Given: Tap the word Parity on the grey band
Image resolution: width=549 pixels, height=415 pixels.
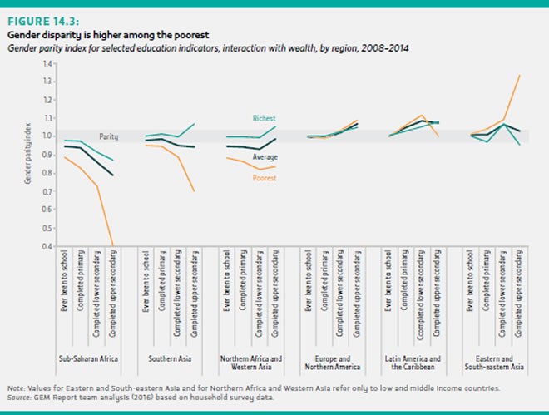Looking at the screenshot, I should click(108, 136).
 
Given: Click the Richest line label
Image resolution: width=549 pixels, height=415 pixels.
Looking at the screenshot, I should click(265, 119).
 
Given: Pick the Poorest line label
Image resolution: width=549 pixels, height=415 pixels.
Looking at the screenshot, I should click(265, 176).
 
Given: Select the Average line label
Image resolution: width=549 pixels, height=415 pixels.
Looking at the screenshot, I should click(265, 156).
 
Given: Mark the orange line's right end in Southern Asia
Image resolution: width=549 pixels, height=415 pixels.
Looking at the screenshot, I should click(195, 191).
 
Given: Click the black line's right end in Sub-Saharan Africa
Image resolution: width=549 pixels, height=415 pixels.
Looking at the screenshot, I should click(113, 175).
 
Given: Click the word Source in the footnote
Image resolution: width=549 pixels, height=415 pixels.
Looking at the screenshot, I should click(19, 397).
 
